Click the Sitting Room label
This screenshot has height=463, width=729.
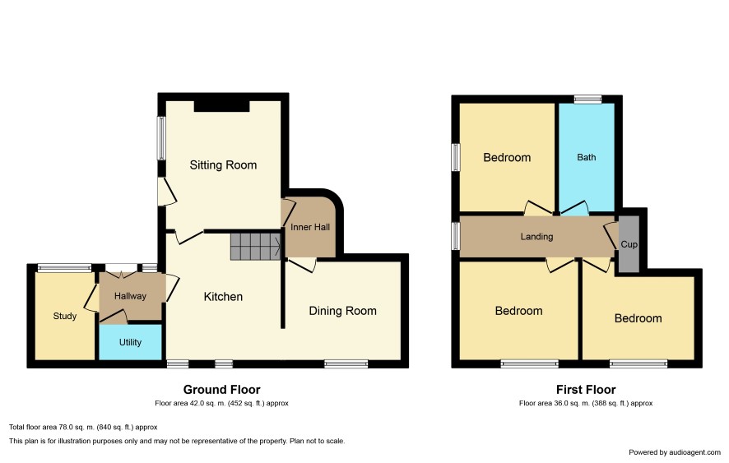point(223,165)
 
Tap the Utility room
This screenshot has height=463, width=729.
point(130,341)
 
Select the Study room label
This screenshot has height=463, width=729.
point(65,316)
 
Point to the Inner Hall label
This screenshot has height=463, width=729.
point(310,227)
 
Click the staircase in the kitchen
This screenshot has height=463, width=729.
point(256,247)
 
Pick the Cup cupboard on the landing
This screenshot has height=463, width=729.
point(629,244)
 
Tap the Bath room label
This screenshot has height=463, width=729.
point(587,157)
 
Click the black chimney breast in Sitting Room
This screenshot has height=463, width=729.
point(222,106)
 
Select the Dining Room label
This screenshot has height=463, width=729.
point(342,311)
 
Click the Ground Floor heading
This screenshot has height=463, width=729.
point(222,390)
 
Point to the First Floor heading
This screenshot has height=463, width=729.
point(586,390)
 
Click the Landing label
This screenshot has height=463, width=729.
point(536,237)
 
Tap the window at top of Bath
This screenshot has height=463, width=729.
point(587,99)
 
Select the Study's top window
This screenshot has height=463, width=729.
point(65,267)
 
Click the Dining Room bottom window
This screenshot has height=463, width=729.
point(346,364)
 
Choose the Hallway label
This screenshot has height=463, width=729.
point(130,296)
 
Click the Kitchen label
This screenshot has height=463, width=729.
point(223,297)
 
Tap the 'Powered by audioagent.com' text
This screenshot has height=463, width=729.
point(675,452)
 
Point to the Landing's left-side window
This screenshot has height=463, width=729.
point(456,236)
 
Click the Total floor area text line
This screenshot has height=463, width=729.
point(83,427)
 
